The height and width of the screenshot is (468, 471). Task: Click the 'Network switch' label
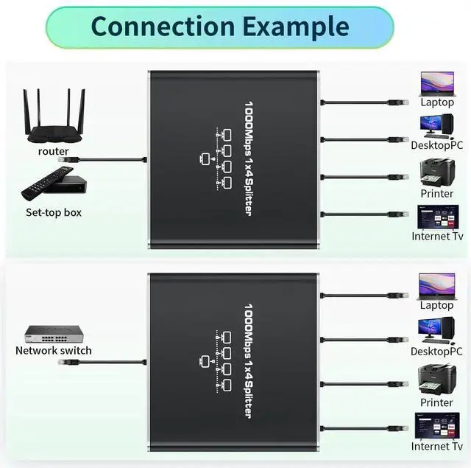54,350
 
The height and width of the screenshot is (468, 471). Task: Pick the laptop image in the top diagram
436,83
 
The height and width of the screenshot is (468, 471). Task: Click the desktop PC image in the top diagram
436,126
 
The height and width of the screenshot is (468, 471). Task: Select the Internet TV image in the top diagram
436,217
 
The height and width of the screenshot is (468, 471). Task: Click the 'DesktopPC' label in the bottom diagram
436,352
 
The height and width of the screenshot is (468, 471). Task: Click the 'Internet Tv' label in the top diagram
436,237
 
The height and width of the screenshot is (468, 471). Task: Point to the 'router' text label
53,151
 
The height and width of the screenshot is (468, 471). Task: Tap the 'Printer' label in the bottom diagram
436,402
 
